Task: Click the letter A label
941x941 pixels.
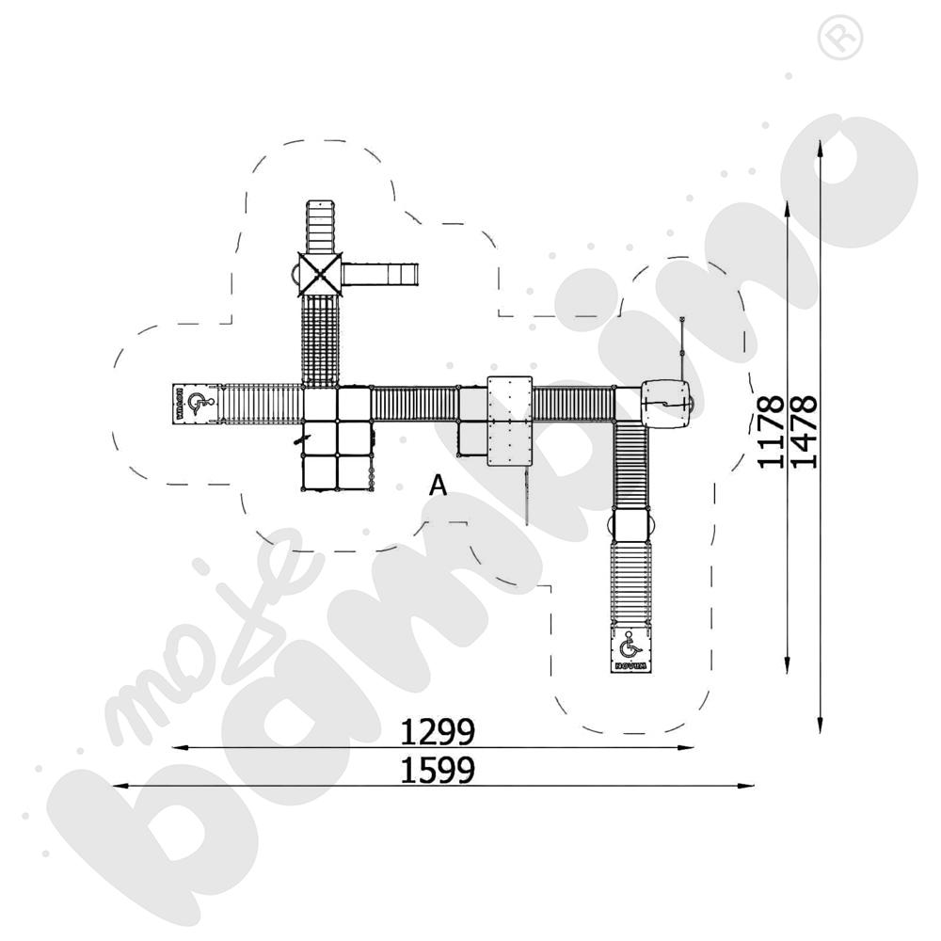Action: pyautogui.click(x=438, y=486)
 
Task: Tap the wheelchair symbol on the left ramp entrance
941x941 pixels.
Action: pyautogui.click(x=197, y=404)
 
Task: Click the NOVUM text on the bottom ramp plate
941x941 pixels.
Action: pyautogui.click(x=630, y=665)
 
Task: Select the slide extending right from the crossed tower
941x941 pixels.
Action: pyautogui.click(x=380, y=274)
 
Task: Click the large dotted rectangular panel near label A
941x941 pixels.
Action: pyautogui.click(x=510, y=420)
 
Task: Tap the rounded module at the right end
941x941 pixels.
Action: pyautogui.click(x=668, y=403)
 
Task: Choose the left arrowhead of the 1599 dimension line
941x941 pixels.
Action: pyautogui.click(x=118, y=785)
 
